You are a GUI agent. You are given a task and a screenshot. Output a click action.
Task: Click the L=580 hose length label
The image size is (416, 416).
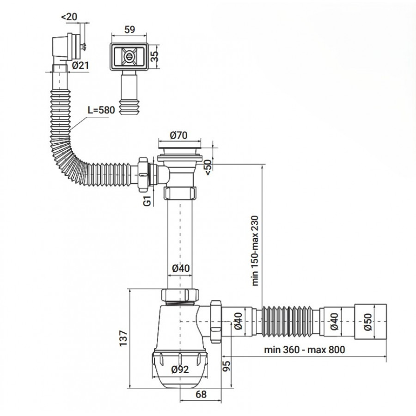click(101, 110)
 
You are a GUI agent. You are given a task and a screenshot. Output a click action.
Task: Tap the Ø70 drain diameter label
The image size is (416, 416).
click(178, 135)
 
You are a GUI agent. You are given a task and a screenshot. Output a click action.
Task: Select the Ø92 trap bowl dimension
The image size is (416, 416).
click(180, 369)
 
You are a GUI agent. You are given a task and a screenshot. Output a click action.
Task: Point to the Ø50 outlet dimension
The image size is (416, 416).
click(368, 322)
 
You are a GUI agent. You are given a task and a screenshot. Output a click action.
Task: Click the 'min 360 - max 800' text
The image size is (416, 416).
click(305, 349)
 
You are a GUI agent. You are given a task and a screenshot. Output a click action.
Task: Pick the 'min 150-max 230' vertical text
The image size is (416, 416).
click(255, 251)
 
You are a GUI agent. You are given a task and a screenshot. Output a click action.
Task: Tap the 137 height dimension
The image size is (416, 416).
click(123, 338)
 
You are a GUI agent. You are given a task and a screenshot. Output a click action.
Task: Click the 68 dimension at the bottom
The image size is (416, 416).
click(201, 395)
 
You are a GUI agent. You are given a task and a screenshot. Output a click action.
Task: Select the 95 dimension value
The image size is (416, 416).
click(226, 366)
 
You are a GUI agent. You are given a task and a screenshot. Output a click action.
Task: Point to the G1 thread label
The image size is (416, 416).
click(147, 201)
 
